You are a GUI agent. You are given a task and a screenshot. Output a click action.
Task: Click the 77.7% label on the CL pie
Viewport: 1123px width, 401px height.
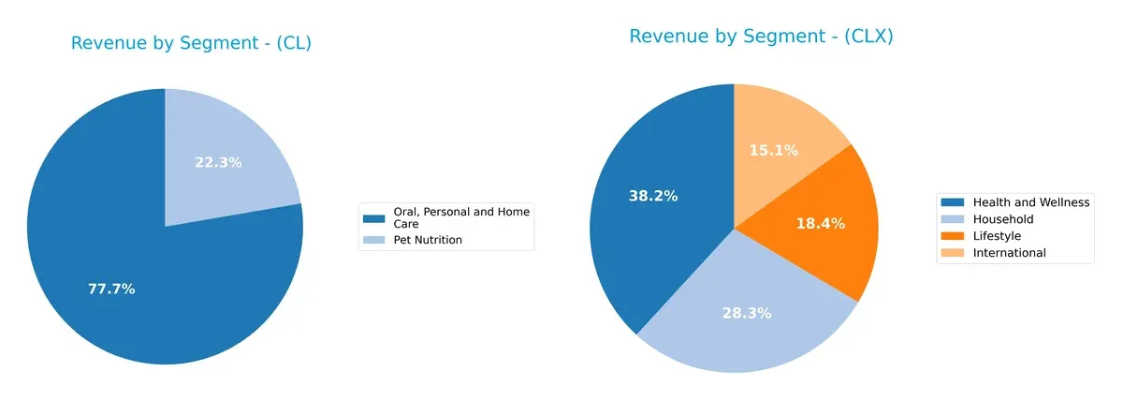click(x=111, y=289)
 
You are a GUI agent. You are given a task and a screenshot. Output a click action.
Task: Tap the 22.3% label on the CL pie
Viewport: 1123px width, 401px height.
click(x=218, y=162)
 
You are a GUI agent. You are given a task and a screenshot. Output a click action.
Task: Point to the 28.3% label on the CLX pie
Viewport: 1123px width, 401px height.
click(x=746, y=313)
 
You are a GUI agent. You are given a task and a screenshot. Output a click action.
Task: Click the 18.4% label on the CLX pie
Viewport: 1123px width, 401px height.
click(x=821, y=223)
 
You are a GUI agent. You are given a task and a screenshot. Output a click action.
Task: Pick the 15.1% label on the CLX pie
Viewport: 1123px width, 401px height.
click(x=773, y=150)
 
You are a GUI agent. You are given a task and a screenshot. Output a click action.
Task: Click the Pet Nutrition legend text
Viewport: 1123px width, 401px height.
click(x=428, y=240)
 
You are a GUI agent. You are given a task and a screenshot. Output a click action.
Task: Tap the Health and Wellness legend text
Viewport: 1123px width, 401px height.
click(x=1031, y=201)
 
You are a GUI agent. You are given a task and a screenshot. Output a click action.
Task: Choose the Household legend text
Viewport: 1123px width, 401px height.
click(x=1004, y=218)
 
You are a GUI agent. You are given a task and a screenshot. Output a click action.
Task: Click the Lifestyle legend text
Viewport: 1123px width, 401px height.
click(x=997, y=235)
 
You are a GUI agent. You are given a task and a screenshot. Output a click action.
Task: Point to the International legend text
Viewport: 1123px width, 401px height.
click(x=1009, y=252)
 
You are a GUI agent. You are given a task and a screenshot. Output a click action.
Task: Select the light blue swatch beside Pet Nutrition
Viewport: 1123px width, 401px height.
click(x=375, y=240)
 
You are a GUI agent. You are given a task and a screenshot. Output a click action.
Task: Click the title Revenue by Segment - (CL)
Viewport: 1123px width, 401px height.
click(x=191, y=43)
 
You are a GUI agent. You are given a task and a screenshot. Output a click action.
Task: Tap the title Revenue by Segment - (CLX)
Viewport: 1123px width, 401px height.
click(x=761, y=37)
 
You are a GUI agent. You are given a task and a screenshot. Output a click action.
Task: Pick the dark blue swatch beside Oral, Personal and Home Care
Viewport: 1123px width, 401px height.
click(x=375, y=218)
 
